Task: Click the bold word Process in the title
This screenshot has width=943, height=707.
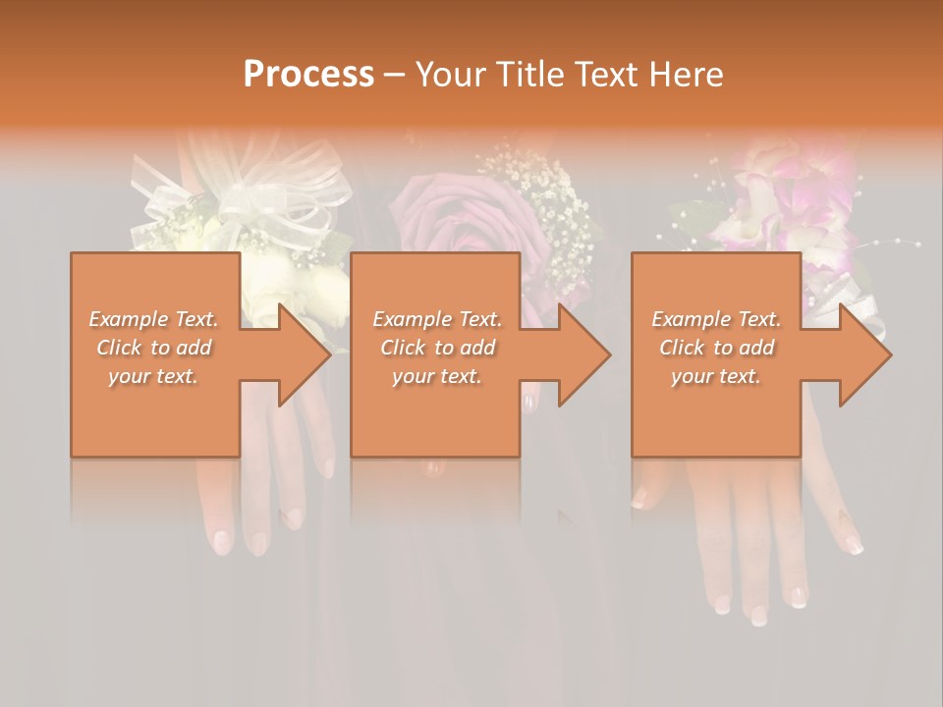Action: click(x=308, y=75)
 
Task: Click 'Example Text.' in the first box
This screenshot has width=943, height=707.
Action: click(x=153, y=319)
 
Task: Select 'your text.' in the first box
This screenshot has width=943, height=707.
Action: click(x=153, y=376)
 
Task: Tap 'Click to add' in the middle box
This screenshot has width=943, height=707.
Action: click(x=437, y=348)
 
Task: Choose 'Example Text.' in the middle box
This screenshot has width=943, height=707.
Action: click(x=437, y=319)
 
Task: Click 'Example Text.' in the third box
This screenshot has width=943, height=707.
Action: click(x=716, y=319)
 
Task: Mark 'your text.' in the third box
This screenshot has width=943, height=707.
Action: click(x=716, y=376)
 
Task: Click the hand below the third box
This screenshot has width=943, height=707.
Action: click(x=747, y=530)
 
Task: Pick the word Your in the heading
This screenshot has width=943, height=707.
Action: click(x=448, y=75)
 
